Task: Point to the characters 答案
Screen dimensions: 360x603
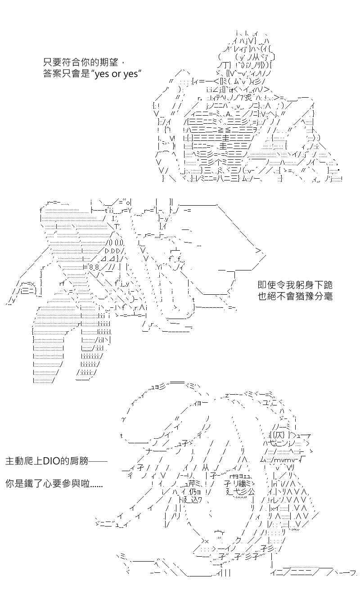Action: pos(52,74)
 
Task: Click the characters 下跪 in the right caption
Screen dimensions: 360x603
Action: pos(323,285)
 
